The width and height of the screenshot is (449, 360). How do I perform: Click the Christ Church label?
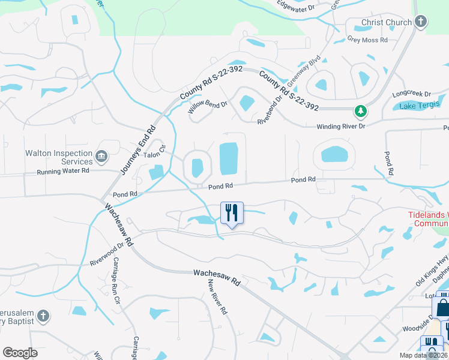[x=387, y=23]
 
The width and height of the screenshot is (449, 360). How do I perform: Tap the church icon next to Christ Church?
[x=421, y=23]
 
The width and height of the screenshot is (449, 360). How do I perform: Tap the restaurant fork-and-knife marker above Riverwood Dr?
[x=232, y=212]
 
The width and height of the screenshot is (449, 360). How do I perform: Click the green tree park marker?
[x=360, y=111]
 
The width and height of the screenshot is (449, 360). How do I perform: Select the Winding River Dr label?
[x=341, y=127]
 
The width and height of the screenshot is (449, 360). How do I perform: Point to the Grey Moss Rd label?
[x=367, y=40]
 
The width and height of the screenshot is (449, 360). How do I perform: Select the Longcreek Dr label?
[x=411, y=94]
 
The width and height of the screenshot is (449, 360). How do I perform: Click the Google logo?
[x=20, y=353]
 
